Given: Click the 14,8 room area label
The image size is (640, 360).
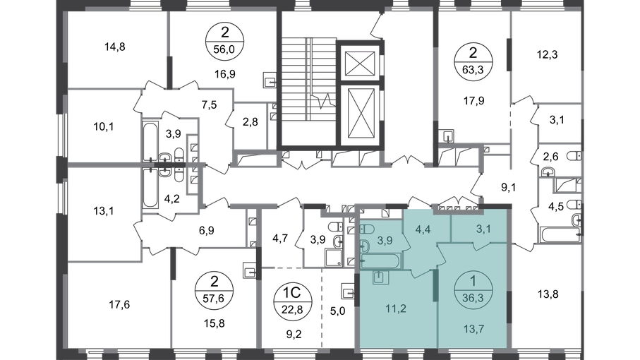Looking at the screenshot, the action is tap(115, 47).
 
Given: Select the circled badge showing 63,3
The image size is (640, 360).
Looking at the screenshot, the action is tap(473, 61).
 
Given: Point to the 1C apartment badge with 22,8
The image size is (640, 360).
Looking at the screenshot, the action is tap(292, 300).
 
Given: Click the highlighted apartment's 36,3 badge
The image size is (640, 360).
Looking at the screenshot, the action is tap(473, 289).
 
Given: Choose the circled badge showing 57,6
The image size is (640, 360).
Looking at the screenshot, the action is tap(214, 289).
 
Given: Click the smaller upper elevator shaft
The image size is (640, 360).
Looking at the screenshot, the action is tap(360, 64).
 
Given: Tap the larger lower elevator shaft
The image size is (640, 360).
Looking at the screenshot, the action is tap(360, 114).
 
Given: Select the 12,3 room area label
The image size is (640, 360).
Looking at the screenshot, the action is tap(547, 54).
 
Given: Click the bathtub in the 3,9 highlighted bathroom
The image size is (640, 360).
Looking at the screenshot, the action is tap(381, 261).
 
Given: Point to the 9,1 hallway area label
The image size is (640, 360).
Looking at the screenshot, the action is tap(509, 187).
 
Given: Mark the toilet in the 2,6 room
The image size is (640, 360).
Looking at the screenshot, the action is tap(574, 156).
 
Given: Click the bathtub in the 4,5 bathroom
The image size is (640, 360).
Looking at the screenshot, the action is tap(560, 234).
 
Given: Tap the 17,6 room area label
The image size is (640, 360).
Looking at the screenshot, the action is tap(119, 304).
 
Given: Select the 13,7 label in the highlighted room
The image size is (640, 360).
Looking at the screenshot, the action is tap(474, 329).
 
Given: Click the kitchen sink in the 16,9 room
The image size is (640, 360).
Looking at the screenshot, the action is tap(269, 80).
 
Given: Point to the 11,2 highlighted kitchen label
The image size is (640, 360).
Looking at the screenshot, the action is tap(396, 308).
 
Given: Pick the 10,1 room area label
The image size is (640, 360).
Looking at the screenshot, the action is tap(103, 127).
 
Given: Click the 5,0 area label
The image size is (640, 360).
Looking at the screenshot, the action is tap(337, 311).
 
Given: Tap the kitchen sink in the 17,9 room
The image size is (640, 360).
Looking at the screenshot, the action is tap(448, 136).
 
